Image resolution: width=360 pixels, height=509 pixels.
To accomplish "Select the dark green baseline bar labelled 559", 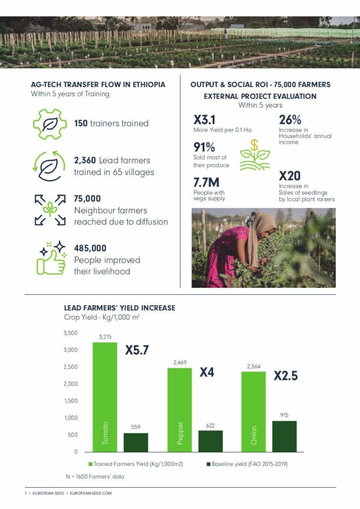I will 136,442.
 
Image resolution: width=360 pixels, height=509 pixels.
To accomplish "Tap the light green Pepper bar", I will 179,410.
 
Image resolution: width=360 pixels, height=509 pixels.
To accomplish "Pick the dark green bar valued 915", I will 284,436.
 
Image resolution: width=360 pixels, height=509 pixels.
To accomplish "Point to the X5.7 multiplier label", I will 137,350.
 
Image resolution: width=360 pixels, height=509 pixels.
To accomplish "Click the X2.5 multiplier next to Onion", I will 286,376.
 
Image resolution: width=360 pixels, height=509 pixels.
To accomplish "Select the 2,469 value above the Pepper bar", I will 179,363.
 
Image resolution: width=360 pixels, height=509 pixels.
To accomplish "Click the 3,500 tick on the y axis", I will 71,333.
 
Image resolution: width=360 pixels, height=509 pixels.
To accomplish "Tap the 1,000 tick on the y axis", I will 71,418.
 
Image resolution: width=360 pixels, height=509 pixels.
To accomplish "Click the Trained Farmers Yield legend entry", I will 137,464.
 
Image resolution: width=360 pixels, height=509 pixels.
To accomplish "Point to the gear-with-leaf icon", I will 49,123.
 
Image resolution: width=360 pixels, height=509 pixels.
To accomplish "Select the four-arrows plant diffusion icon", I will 50,210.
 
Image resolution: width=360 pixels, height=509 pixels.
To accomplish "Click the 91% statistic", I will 204,148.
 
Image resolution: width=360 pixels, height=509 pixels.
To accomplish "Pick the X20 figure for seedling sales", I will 290,176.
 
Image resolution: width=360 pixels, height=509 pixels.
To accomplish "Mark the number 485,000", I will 90,248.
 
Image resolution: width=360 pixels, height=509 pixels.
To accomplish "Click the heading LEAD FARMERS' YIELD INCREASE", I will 120,308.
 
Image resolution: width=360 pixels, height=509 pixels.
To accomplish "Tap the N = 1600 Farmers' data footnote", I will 94,477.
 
